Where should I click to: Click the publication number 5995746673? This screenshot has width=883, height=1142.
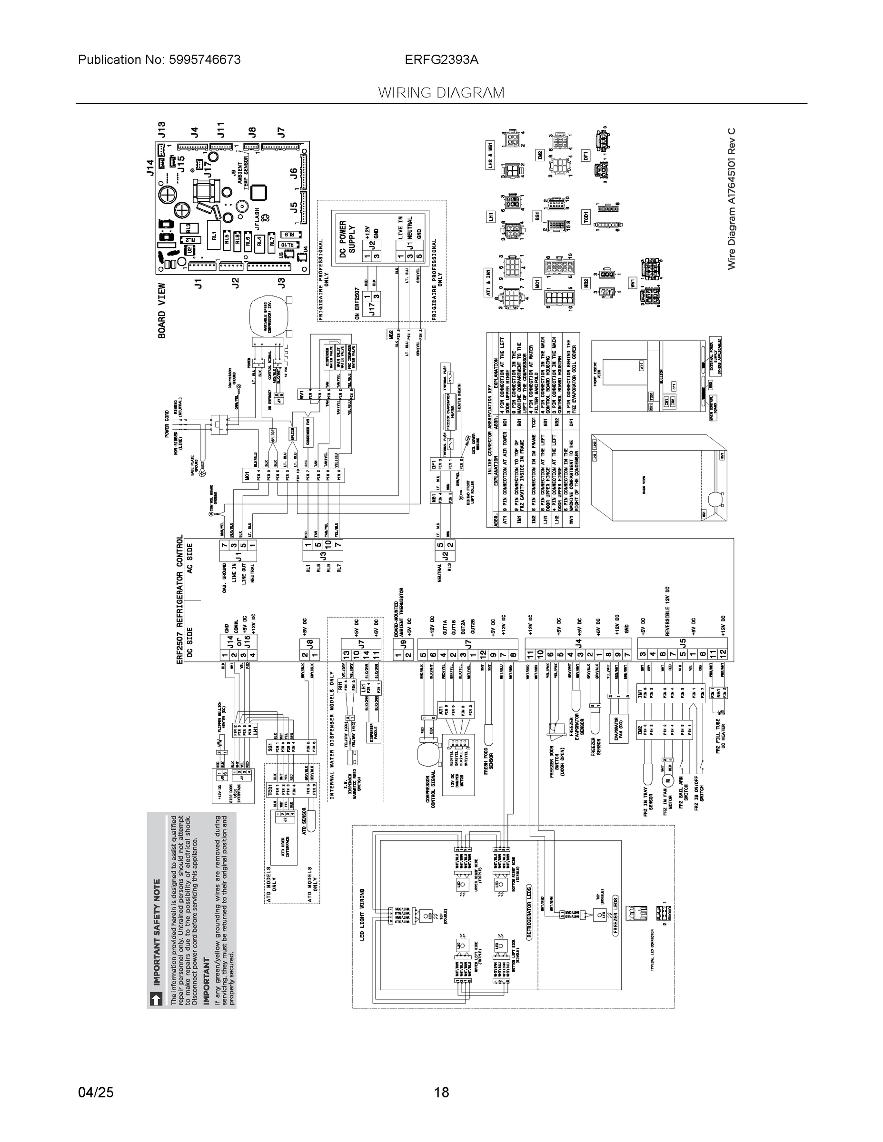tap(205, 60)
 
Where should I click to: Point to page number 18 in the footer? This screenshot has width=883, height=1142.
tap(442, 1093)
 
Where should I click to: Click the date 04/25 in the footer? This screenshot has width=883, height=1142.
tap(96, 1093)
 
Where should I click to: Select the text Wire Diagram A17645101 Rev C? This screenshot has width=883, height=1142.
tap(731, 199)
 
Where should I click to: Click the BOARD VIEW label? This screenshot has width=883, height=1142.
tap(162, 311)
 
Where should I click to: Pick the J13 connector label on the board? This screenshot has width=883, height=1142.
tap(162, 130)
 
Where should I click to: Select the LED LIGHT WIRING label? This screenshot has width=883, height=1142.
tap(362, 915)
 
